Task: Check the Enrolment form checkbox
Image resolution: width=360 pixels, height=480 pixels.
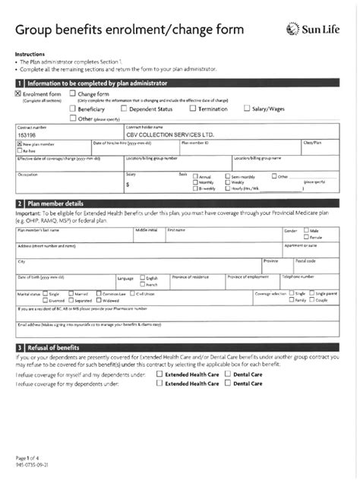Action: (x=19, y=93)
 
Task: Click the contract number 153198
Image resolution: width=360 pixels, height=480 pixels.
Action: (x=27, y=134)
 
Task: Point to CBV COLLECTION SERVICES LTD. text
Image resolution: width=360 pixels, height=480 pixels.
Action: (x=166, y=134)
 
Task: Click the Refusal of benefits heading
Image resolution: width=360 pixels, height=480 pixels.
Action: (x=59, y=347)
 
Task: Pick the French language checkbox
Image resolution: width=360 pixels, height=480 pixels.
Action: (x=141, y=284)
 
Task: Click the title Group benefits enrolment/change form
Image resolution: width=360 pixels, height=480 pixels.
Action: (x=130, y=30)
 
